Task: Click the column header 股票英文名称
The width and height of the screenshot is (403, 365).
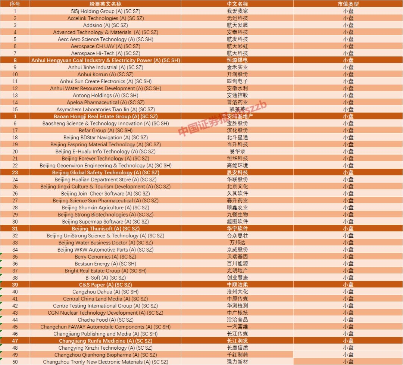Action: coord(105,4)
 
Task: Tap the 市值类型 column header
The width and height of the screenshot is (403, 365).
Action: coord(348,4)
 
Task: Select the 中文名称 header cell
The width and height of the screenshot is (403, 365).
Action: coord(237,4)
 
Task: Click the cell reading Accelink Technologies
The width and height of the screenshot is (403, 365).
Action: coord(106,18)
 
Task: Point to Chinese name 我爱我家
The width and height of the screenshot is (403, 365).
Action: coord(237,11)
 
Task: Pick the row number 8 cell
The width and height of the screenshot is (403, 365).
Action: coord(15,60)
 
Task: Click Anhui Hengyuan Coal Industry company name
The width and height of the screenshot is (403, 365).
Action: coord(106,60)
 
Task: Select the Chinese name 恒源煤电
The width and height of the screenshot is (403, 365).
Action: coord(237,60)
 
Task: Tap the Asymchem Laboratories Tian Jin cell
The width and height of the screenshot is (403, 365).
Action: coord(106,109)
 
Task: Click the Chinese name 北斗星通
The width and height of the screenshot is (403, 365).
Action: coord(237,137)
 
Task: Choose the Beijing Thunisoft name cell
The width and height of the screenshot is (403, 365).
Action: coord(106,229)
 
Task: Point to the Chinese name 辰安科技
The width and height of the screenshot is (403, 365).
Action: coord(237,172)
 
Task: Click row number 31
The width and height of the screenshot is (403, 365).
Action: coord(15,229)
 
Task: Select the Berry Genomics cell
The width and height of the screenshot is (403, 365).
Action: coord(106,257)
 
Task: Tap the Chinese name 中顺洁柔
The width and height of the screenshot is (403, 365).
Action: coord(237,285)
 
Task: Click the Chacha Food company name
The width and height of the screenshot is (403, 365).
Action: coord(106,320)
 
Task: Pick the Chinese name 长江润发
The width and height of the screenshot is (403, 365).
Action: coord(237,341)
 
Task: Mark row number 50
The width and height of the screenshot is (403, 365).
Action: coord(15,362)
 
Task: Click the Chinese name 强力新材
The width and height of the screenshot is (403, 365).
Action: coord(237,362)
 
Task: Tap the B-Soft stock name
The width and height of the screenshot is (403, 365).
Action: coord(106,278)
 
